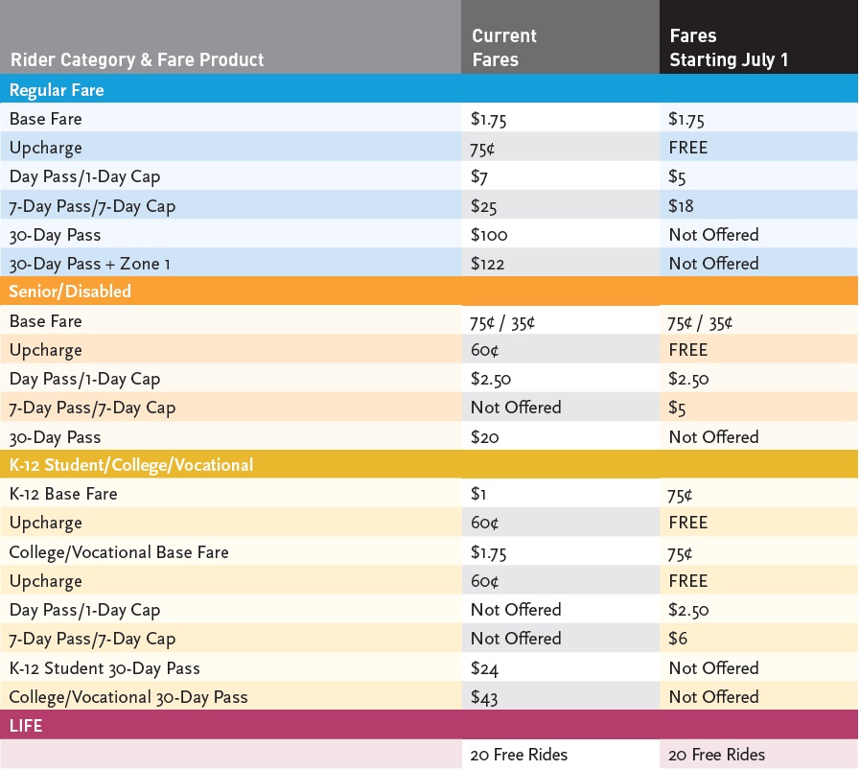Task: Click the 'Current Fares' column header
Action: click(504, 48)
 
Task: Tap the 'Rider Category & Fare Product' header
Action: click(137, 59)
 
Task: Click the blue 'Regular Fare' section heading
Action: click(57, 90)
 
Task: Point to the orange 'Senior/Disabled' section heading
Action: click(70, 292)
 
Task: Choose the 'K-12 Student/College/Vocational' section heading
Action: click(131, 465)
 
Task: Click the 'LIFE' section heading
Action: click(26, 726)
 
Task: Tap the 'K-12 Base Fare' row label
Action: click(64, 495)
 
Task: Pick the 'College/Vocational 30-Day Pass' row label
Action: click(128, 697)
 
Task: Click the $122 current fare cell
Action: click(489, 264)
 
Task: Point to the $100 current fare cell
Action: click(489, 235)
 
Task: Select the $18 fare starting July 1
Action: click(681, 206)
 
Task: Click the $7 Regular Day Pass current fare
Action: click(480, 177)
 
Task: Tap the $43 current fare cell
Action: click(485, 697)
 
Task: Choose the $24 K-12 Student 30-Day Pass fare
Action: click(485, 668)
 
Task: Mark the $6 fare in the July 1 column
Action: click(677, 639)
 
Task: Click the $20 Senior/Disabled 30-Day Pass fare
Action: click(485, 437)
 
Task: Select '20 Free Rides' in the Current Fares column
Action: click(519, 755)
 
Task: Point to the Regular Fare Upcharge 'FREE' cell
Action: click(688, 148)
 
